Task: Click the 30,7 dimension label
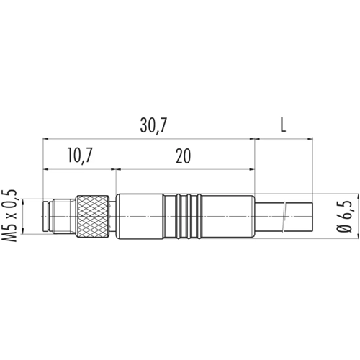[153, 126]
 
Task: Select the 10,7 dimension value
[80, 156]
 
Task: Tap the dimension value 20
[184, 156]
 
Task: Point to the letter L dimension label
[283, 125]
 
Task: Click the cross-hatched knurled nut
[93, 217]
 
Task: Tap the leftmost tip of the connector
[42, 217]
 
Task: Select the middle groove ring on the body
[189, 217]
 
